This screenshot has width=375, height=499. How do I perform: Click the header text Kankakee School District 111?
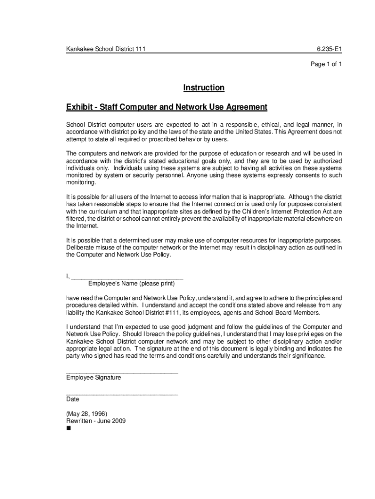(106, 49)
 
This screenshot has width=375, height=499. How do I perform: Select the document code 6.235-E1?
(329, 49)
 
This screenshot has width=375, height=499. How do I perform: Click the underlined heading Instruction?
(204, 88)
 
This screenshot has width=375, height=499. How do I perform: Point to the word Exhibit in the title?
(80, 107)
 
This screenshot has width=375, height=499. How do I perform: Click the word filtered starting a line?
(75, 219)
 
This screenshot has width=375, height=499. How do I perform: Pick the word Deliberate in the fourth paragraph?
(80, 248)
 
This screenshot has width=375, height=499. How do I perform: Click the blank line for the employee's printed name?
(127, 277)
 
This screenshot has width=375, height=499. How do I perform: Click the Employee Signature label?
(94, 378)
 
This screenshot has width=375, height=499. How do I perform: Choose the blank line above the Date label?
(122, 393)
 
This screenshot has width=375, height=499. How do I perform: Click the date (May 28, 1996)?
(83, 414)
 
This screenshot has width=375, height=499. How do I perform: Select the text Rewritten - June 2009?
(96, 421)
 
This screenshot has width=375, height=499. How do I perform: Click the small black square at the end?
(68, 429)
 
